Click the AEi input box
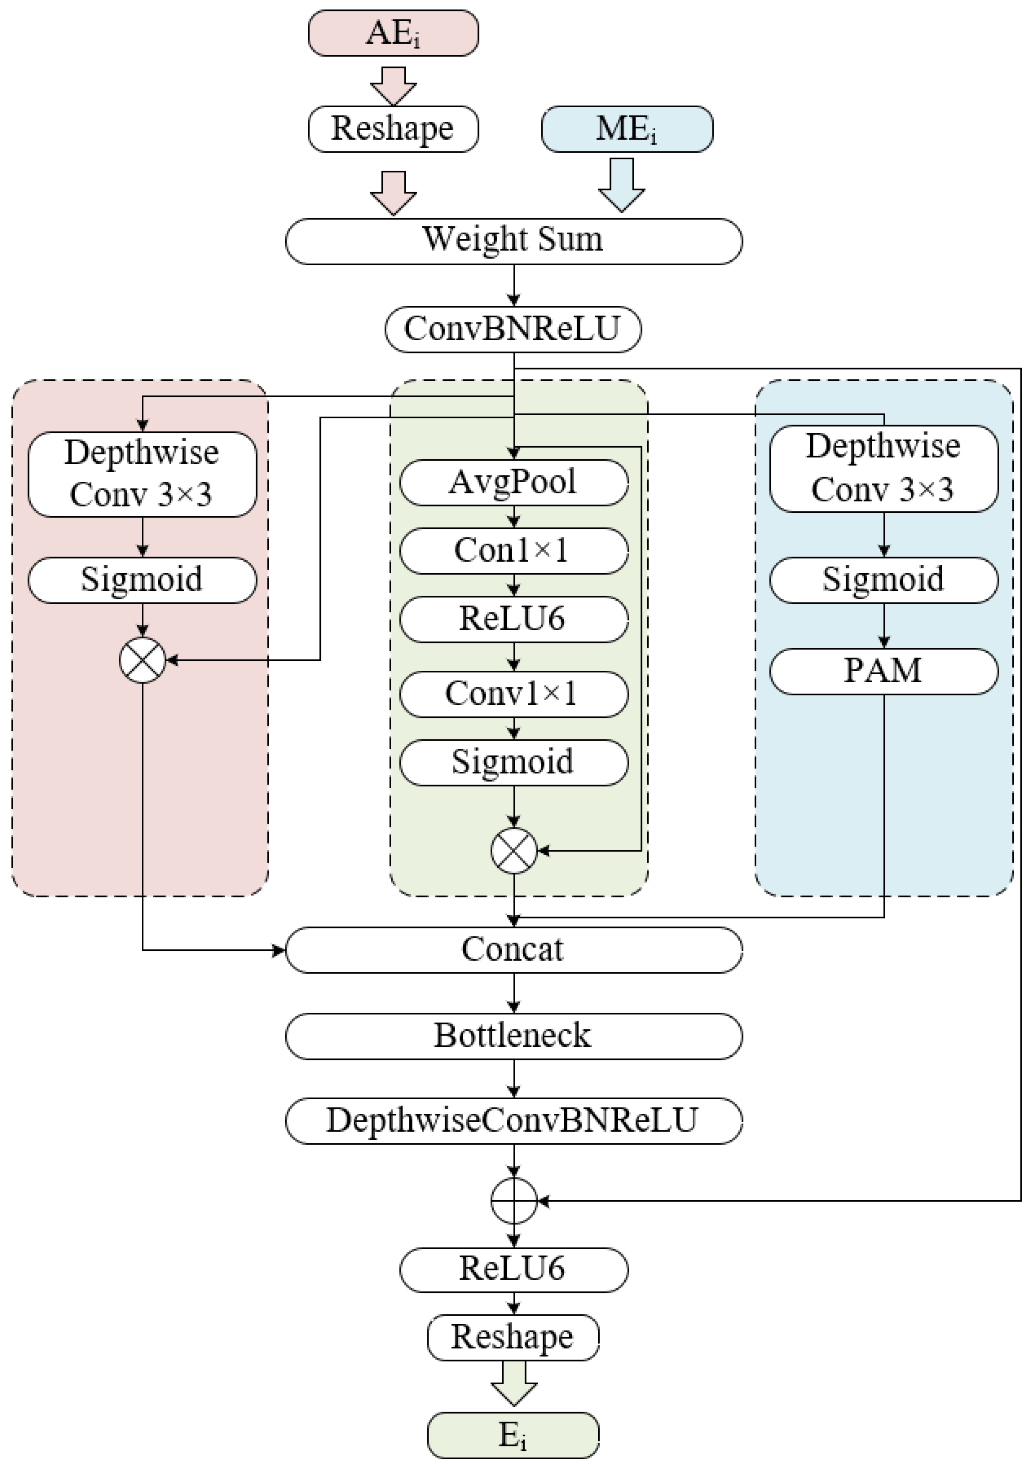click(x=393, y=33)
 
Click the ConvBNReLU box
click(x=513, y=329)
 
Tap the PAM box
click(x=884, y=671)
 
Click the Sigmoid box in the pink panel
click(x=142, y=580)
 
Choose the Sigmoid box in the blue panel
click(x=884, y=580)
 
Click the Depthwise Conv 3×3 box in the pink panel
click(x=142, y=473)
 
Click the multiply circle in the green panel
click(x=514, y=851)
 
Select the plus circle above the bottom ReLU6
click(x=514, y=1201)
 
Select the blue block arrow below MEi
click(x=621, y=185)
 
